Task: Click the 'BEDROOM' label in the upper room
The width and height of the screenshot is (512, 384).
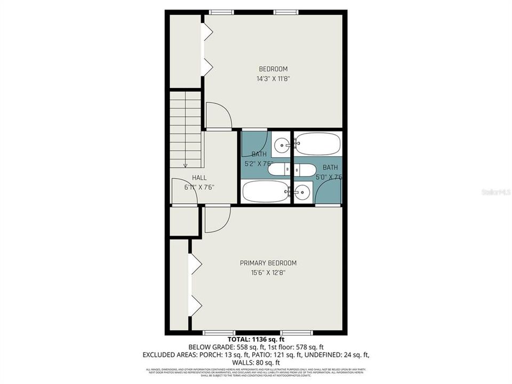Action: click(x=273, y=69)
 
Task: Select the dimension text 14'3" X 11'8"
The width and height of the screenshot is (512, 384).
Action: click(x=273, y=78)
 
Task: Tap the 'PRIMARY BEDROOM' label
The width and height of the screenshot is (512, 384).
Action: click(x=268, y=263)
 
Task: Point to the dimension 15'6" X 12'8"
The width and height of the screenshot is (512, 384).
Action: click(x=268, y=273)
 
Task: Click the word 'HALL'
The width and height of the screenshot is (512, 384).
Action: click(x=199, y=178)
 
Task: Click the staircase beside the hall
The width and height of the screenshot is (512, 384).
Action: click(x=186, y=130)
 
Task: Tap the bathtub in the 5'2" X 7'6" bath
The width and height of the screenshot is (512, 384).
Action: click(x=265, y=191)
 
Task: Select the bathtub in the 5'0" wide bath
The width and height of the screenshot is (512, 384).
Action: click(x=317, y=144)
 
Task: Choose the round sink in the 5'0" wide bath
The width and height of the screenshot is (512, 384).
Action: click(x=302, y=190)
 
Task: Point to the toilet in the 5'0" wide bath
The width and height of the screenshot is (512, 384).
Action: click(x=306, y=170)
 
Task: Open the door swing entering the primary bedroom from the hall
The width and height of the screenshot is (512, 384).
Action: click(x=217, y=220)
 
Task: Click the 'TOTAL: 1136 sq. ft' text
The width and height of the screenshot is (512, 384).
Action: click(x=256, y=339)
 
